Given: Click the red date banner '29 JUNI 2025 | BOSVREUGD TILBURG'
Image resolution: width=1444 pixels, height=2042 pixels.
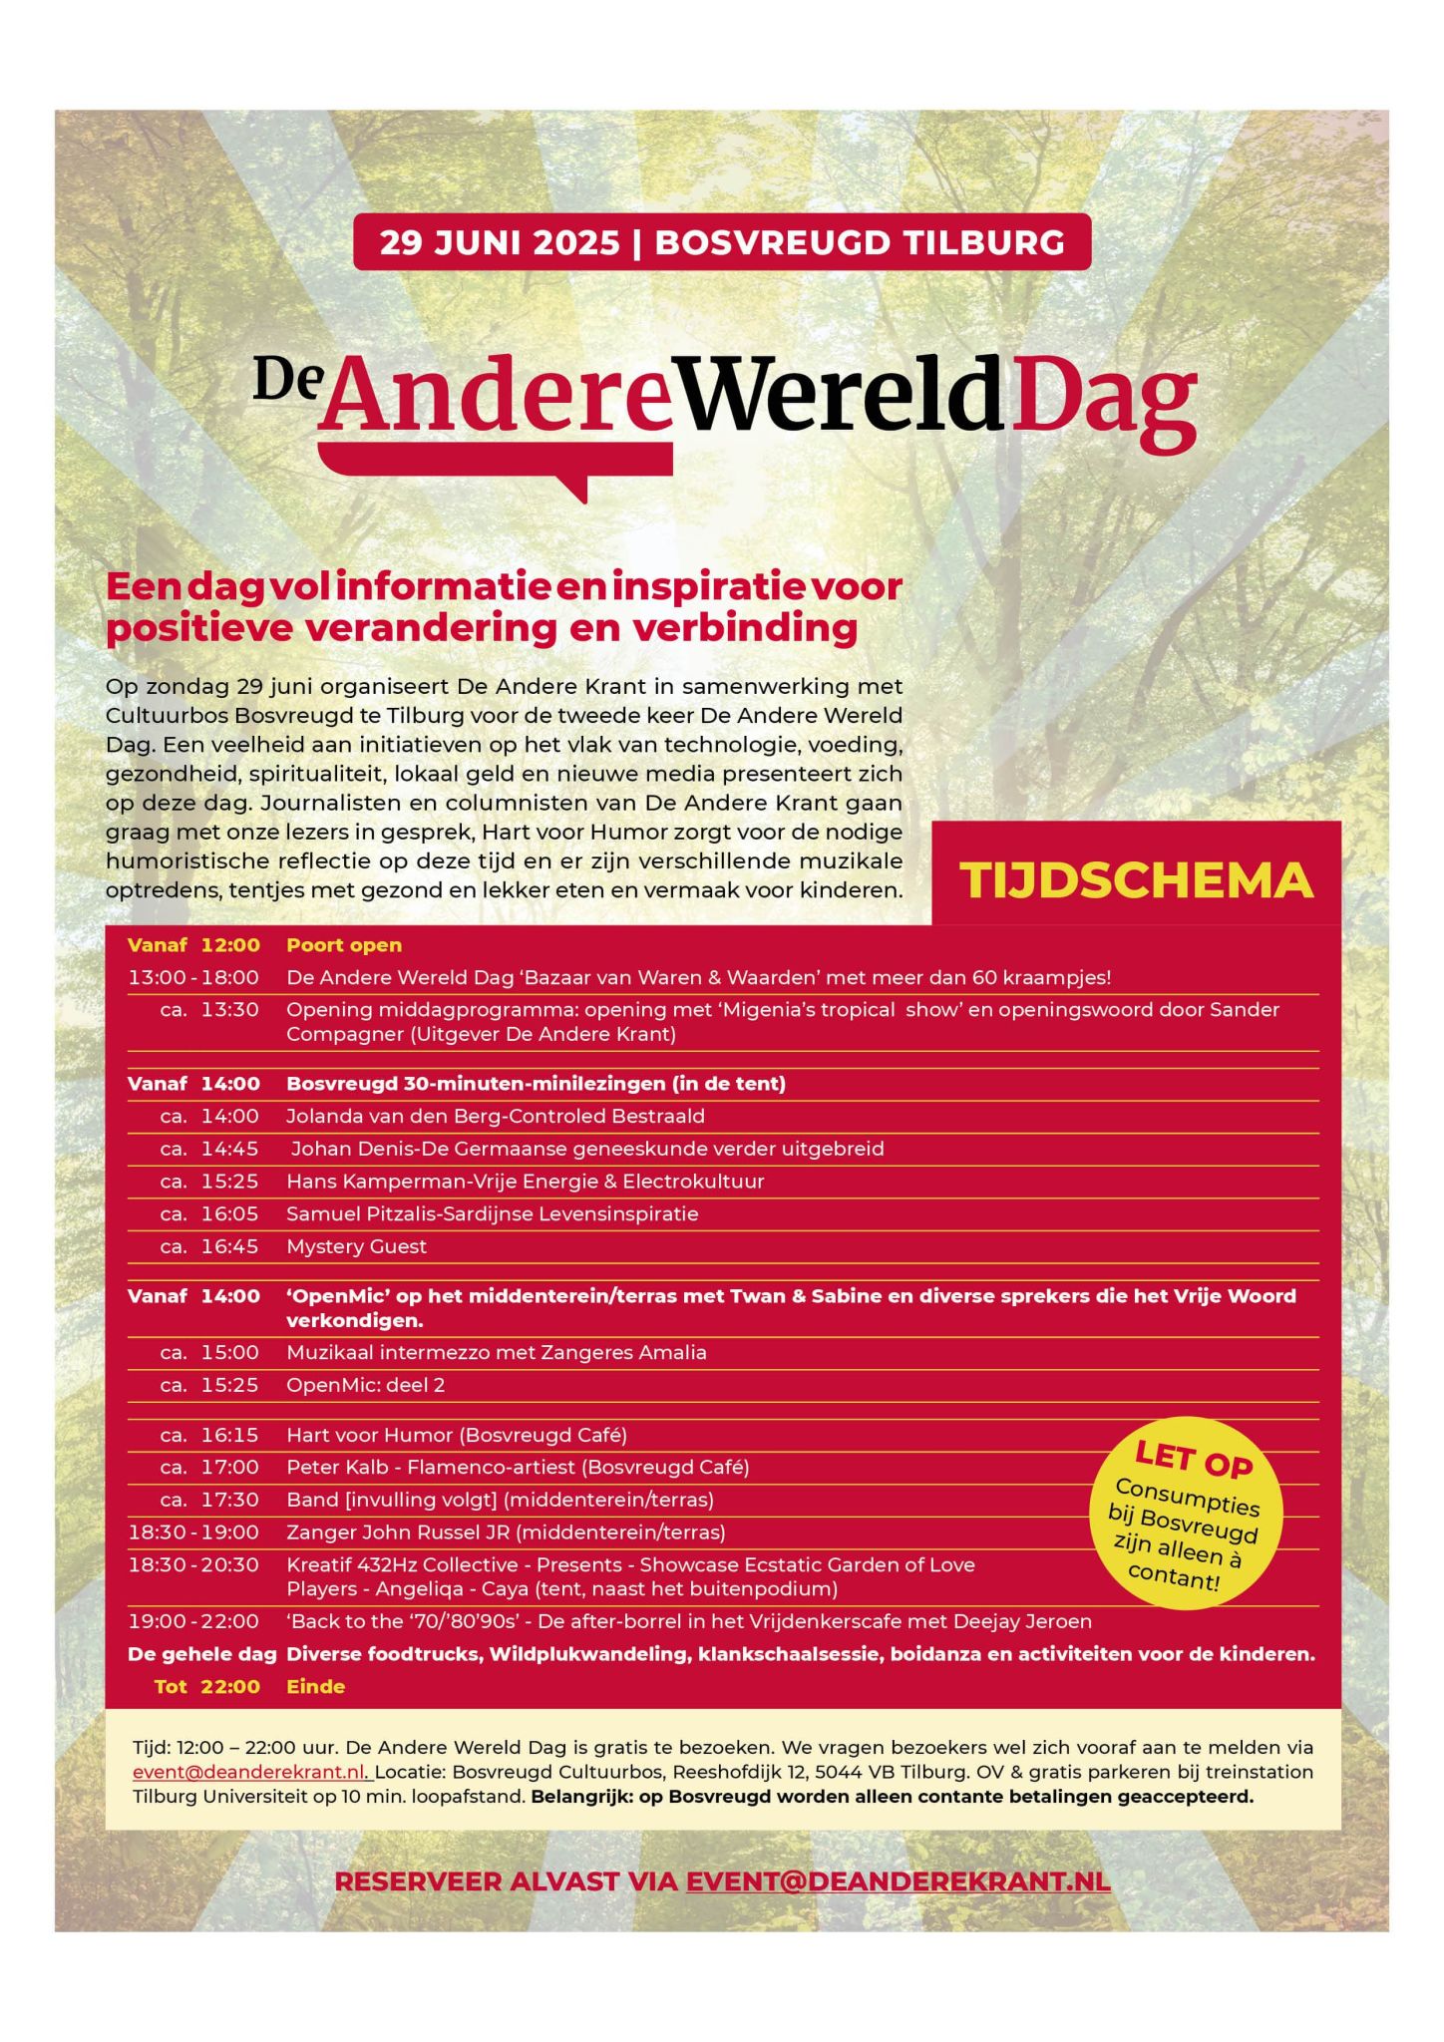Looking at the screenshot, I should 722,242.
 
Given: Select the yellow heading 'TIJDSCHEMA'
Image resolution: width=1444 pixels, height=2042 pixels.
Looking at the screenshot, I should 1136,880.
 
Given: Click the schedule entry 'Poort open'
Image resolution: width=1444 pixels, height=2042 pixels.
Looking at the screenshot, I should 344,945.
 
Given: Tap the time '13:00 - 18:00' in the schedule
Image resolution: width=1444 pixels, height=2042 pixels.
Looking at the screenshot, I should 193,978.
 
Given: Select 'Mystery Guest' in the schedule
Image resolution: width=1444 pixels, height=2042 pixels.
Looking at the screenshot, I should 356,1246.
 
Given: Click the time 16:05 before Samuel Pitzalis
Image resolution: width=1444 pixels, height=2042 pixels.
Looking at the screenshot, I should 229,1213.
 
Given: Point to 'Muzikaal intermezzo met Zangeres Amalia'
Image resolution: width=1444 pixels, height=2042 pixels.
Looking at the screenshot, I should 496,1353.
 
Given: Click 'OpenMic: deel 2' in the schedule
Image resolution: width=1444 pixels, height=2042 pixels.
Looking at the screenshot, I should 365,1385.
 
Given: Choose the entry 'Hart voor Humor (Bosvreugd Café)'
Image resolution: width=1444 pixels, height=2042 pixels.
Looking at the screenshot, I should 456,1435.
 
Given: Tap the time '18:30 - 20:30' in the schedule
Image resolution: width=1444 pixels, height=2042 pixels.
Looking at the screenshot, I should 193,1564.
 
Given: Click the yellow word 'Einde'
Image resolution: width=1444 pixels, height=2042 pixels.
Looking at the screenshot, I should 315,1687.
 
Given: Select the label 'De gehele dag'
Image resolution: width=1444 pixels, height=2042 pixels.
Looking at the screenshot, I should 201,1654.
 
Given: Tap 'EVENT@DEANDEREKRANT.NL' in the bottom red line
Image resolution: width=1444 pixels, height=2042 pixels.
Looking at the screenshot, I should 898,1881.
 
